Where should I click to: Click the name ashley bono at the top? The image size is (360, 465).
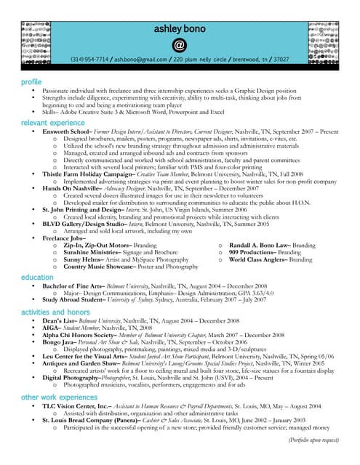click(179, 28)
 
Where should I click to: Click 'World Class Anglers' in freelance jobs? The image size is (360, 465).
click(257, 259)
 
